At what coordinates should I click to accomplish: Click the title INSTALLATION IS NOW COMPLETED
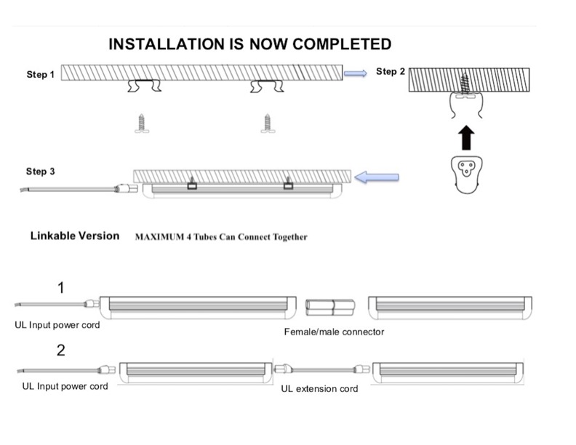(249, 44)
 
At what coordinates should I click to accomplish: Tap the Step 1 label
(40, 75)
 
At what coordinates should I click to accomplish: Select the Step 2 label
(391, 71)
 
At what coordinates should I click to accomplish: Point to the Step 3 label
(40, 172)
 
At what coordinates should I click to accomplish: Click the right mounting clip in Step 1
(266, 87)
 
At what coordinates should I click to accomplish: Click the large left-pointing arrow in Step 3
(380, 177)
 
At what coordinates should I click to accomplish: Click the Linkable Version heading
(75, 236)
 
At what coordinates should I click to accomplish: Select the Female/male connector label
(334, 332)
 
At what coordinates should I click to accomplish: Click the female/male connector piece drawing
(331, 307)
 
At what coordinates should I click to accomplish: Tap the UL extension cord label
(319, 389)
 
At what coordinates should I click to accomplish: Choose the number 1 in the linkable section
(61, 287)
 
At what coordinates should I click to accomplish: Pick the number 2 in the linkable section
(61, 350)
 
